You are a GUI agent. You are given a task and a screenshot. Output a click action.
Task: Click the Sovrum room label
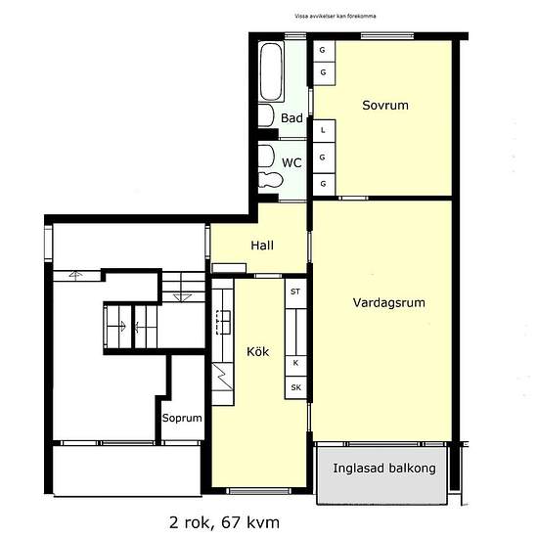point(385,105)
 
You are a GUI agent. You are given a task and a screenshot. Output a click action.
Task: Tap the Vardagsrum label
point(388,302)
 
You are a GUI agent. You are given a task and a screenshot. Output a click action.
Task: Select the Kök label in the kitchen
point(257,351)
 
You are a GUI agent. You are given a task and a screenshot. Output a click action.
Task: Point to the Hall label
point(262,246)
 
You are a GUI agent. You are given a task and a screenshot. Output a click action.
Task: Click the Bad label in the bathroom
point(291,118)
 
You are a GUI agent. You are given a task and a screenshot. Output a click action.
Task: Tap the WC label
point(291,162)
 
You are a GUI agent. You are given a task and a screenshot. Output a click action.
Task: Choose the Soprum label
point(182,418)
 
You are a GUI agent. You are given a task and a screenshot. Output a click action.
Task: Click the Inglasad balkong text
point(384,468)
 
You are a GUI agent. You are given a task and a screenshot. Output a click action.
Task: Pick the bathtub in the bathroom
point(271,71)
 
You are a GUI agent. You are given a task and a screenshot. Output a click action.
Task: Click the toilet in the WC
point(270,180)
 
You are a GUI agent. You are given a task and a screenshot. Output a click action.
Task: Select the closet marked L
point(324,131)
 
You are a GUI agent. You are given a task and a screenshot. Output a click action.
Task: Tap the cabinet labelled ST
point(295,292)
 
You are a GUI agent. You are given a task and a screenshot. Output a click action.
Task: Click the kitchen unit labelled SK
point(295,387)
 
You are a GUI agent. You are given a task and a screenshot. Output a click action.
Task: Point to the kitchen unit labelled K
point(295,363)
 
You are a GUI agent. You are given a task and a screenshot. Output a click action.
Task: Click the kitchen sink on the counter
point(223,322)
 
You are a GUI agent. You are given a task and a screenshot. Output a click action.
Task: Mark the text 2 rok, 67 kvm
point(224,523)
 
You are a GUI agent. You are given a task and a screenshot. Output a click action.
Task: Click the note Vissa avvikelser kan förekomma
point(336,16)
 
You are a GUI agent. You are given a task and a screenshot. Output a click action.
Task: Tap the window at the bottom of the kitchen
point(259,491)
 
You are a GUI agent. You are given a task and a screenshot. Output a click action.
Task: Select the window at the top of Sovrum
point(387,35)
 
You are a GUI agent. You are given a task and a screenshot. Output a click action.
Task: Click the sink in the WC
point(267,157)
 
